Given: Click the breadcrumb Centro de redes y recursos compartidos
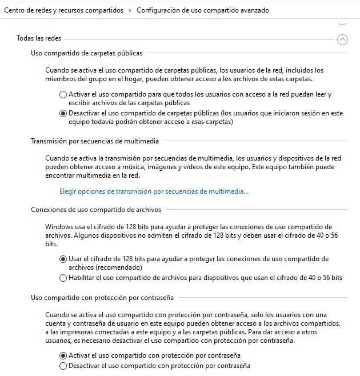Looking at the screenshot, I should (x=65, y=10).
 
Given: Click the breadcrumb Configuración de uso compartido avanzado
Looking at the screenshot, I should (x=202, y=10).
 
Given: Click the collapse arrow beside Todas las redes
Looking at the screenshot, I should (x=342, y=39).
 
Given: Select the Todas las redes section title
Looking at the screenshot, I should (x=39, y=39).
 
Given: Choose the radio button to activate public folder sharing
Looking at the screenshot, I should (x=63, y=94).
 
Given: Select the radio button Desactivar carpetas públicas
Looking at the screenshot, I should (x=63, y=113).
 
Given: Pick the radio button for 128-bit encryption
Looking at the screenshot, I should (x=63, y=259).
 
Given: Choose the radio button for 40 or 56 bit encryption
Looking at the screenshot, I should (x=63, y=278).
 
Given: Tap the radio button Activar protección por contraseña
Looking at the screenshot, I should (x=63, y=355).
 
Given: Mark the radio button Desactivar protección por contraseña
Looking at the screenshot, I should (x=63, y=366).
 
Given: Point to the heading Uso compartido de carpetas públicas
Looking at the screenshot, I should (x=86, y=53).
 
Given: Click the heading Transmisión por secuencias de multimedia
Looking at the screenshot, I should (x=95, y=141).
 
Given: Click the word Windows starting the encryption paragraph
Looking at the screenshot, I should (x=59, y=227).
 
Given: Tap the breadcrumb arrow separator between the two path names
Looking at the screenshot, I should (x=130, y=10).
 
